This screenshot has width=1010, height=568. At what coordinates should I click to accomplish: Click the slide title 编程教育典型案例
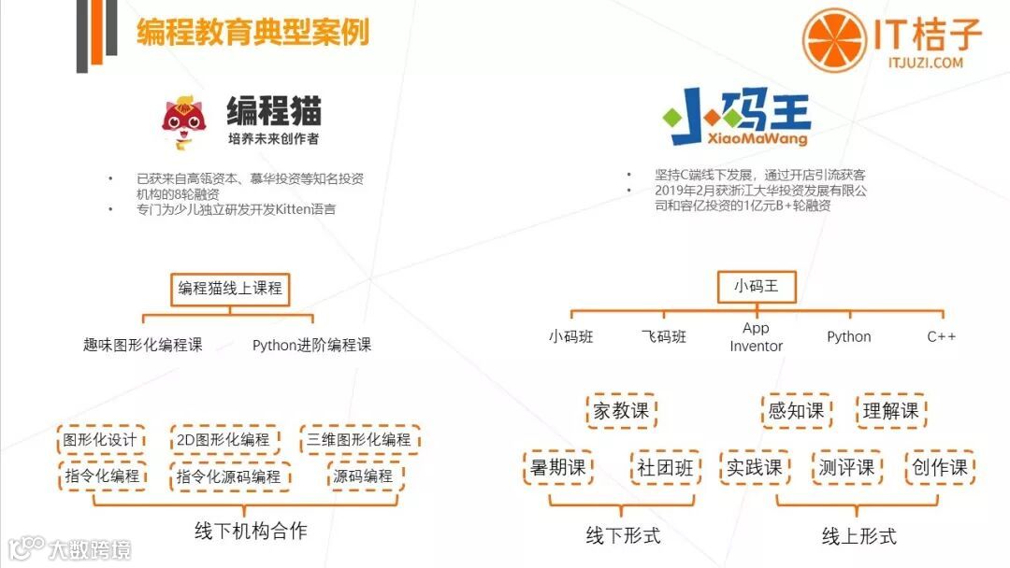pos(252,32)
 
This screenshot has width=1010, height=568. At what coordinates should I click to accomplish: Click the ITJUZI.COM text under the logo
pos(926,63)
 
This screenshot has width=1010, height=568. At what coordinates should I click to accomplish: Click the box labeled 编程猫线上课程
pos(230,289)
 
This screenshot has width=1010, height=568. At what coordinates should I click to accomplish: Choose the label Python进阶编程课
pos(311,345)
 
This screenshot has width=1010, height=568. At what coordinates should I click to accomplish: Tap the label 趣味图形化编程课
pos(142,345)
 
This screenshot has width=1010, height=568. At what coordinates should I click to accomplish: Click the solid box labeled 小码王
pos(756,287)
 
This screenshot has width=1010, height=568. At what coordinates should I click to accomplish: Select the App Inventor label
pos(756,337)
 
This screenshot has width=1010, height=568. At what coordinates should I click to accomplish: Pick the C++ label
pos(941,336)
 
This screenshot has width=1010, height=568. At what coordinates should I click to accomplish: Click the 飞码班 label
pos(663,336)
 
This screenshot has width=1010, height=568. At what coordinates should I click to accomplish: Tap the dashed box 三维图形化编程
pos(359,439)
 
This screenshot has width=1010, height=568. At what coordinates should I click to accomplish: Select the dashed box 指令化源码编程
pos(229,476)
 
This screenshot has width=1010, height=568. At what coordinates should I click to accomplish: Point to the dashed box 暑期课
pos(557,467)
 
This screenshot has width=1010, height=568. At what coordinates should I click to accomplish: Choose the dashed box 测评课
pos(845,467)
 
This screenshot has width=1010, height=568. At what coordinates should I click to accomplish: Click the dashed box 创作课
pos(940,467)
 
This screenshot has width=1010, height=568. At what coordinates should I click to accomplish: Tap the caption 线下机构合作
pos(250,531)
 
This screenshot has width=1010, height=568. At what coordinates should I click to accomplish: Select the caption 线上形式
pos(858,535)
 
